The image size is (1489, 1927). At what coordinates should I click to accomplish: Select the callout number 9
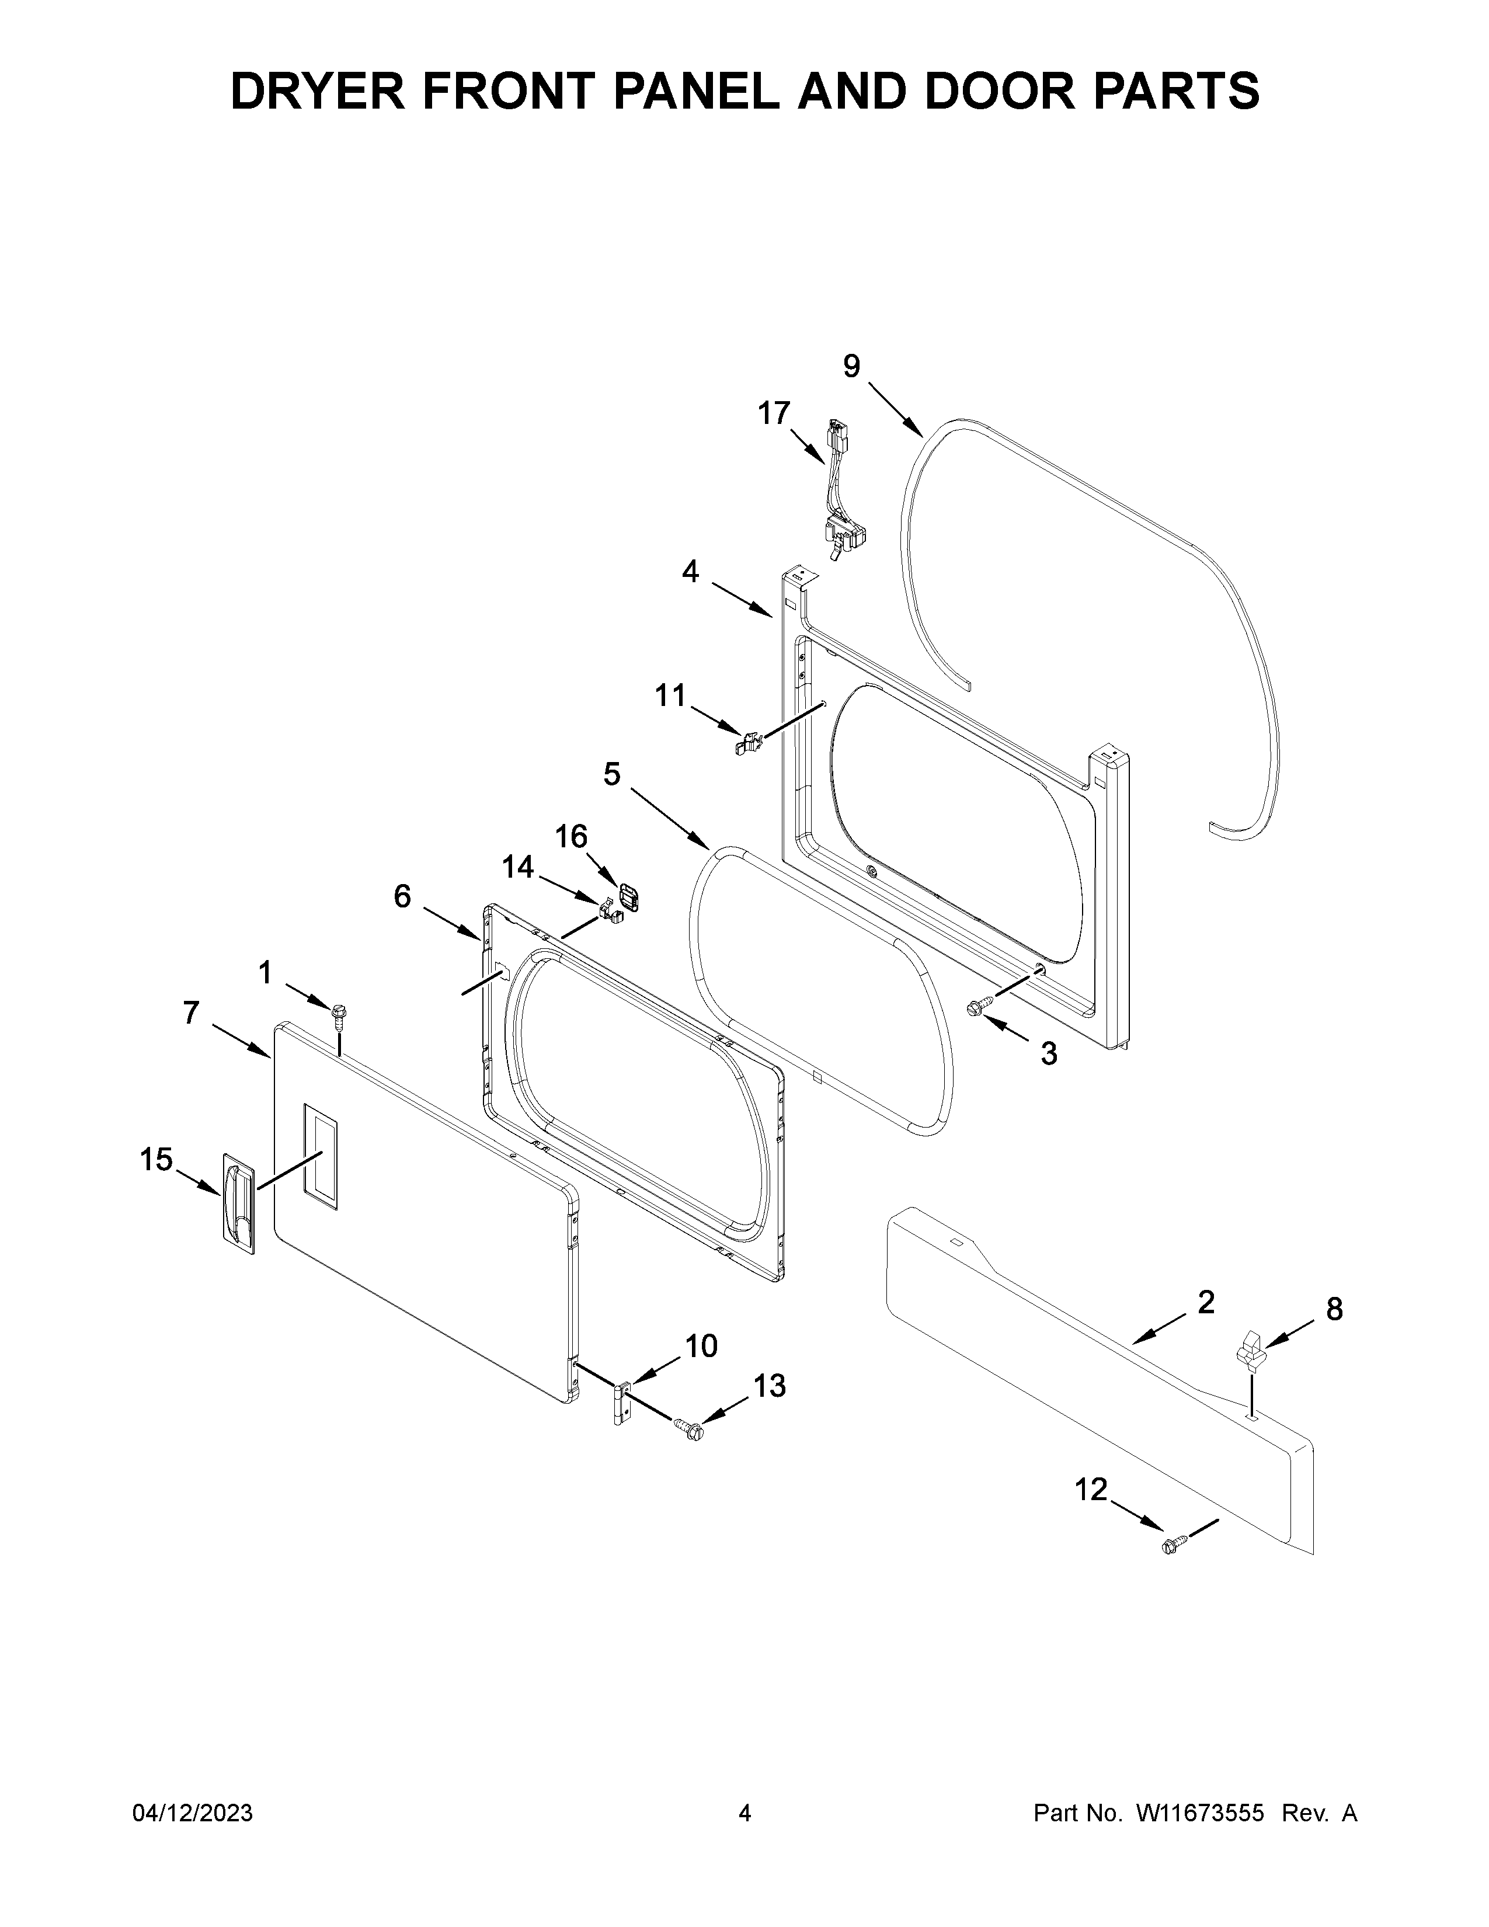tap(851, 366)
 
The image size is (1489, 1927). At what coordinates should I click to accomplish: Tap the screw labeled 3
tap(980, 1005)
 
